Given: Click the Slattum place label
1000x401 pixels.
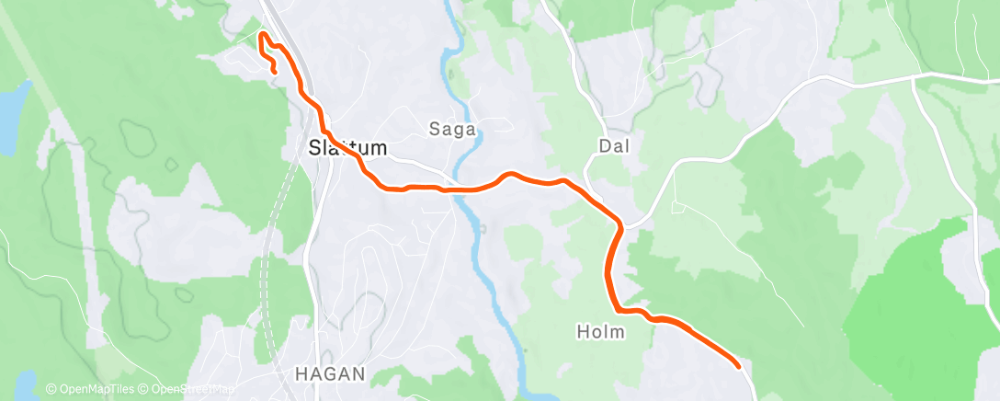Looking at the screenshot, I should [347, 147].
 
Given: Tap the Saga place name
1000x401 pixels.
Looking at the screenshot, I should [452, 130].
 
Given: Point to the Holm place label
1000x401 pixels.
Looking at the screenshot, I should [601, 331].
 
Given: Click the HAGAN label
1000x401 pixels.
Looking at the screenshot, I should [330, 374].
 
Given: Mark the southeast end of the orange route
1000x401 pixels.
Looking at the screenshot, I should [738, 366].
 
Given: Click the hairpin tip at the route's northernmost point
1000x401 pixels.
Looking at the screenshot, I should [263, 35].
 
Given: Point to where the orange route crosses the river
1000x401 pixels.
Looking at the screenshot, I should [458, 189].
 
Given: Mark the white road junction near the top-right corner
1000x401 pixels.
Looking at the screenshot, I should [912, 78].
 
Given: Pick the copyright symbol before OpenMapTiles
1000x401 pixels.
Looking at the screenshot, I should [51, 390].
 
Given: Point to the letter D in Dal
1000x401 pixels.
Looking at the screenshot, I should [604, 145].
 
